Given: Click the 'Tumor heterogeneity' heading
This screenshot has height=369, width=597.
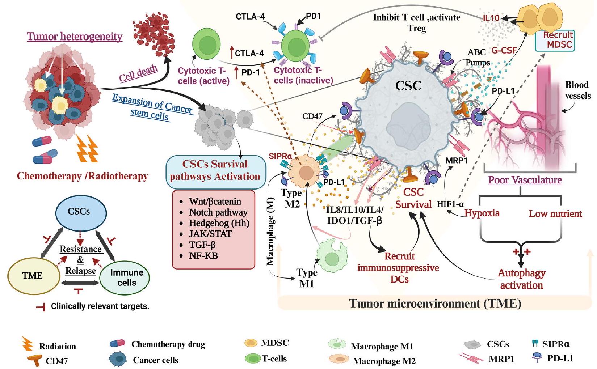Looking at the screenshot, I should coord(75,37).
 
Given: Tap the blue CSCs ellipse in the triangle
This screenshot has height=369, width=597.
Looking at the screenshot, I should coord(79,211).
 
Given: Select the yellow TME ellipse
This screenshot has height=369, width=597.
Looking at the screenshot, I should coord(33,276).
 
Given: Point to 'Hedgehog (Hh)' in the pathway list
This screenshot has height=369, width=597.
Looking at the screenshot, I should coord(219,223).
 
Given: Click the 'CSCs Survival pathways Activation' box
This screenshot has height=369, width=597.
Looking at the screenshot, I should coord(215,171).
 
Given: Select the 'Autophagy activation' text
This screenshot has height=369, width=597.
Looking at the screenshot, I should coord(521,279).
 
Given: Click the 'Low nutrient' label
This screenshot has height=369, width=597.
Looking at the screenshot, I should coord(555,214).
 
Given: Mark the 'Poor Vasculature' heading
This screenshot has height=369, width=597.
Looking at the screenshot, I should coord(525,180).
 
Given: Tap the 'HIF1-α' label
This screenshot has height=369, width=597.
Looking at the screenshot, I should coord(450,204).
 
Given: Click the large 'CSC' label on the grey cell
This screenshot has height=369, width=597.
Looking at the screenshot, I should coord(408,85).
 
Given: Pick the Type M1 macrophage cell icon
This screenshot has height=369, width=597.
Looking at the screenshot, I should coord(331,257).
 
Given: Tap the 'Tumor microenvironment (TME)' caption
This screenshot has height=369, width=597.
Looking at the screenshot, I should coord(435,303).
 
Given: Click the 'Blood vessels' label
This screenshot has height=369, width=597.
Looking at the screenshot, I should coord(577,90).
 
